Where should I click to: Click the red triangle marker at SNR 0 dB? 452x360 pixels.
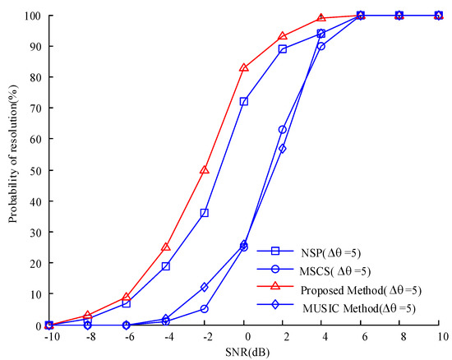click(x=244, y=67)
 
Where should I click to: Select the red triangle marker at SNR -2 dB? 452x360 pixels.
click(x=205, y=169)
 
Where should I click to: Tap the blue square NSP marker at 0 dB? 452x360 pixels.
click(x=244, y=101)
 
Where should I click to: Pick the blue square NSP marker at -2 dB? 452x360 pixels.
click(x=205, y=213)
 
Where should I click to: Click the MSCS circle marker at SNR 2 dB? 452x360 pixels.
click(x=283, y=129)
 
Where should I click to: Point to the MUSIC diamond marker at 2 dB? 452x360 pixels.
click(x=283, y=148)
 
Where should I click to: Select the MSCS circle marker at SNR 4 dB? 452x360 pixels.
click(x=321, y=46)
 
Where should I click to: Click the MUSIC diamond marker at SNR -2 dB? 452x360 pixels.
click(x=205, y=287)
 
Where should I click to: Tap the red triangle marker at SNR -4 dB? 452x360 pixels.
click(x=166, y=247)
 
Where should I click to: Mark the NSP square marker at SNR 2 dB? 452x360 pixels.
click(x=283, y=49)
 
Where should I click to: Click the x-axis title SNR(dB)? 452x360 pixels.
click(x=244, y=352)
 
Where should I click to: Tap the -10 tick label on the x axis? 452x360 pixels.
click(x=48, y=337)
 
